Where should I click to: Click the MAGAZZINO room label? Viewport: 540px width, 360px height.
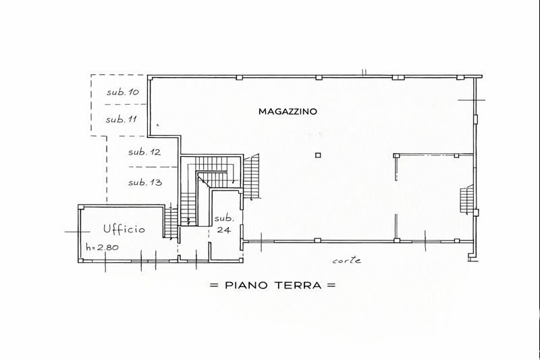pos(288,111)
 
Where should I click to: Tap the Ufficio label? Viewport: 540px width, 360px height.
pos(124,229)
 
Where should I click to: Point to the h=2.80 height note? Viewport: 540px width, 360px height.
pos(102,247)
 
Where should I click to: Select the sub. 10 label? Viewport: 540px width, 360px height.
pos(122,92)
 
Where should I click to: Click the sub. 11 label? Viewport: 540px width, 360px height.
pos(122,120)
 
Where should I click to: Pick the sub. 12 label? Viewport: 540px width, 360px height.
pos(144,152)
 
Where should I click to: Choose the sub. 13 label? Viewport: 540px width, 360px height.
pos(145,182)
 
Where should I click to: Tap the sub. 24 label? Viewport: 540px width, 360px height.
pos(224,224)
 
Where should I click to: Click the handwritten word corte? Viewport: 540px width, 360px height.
pos(346,261)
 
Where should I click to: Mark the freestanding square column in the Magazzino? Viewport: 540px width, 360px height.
pos(318,155)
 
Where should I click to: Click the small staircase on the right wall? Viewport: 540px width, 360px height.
pos(466,200)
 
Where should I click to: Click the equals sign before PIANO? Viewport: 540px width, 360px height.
pos(214,285)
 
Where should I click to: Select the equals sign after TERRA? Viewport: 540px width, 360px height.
pos(331,285)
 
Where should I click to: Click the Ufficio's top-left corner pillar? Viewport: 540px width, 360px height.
pos(81,207)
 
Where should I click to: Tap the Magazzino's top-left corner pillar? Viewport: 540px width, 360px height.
pos(150,78)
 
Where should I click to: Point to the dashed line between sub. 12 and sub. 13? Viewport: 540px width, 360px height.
pos(153,167)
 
